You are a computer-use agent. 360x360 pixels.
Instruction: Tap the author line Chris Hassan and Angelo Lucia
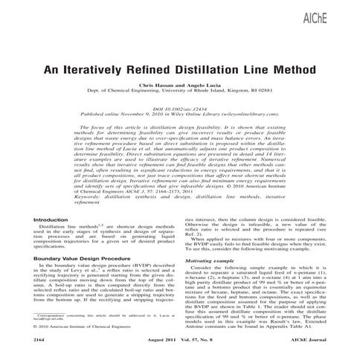click(179, 86)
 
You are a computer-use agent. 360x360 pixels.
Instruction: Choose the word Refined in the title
click(140, 67)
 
